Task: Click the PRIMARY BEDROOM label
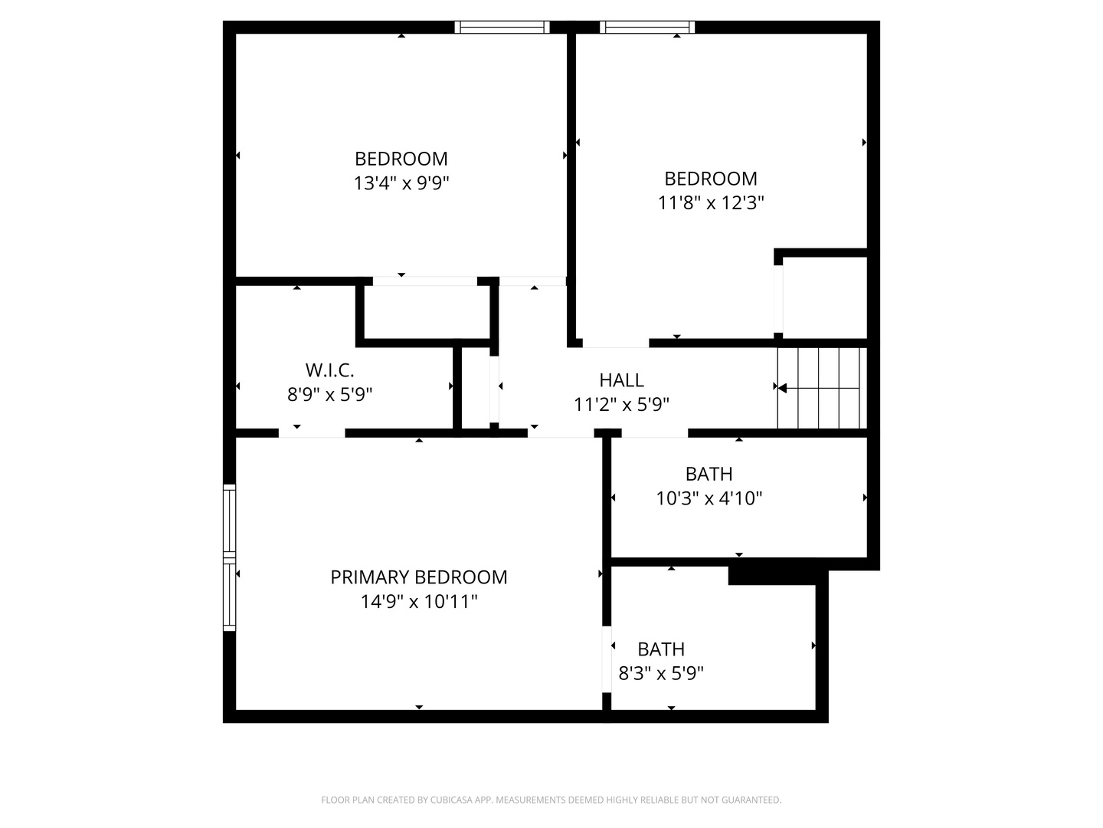418,577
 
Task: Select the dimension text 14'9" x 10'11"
418,602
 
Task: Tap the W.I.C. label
329,370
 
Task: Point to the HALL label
621,380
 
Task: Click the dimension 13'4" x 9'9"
401,183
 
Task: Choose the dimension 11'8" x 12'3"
711,203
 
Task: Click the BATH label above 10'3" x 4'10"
709,474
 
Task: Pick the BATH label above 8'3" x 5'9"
660,649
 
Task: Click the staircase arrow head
782,388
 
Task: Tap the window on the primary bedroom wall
229,557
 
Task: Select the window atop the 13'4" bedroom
502,28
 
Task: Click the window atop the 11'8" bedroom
647,28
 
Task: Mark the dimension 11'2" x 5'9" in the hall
621,405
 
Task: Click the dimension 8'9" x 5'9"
329,395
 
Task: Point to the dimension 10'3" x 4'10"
709,498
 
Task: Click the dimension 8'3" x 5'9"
660,674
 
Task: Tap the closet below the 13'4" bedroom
426,311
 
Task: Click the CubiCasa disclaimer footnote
551,800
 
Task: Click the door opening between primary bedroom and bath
607,659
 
